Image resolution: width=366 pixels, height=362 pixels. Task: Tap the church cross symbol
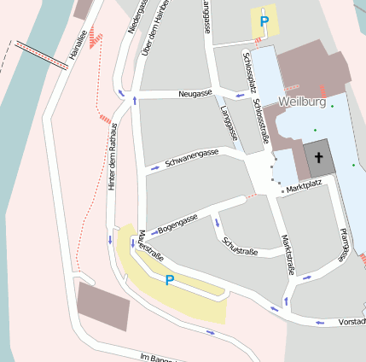(319, 157)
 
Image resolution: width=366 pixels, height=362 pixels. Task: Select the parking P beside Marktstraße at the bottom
(169, 279)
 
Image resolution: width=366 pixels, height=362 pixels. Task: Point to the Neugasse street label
(195, 92)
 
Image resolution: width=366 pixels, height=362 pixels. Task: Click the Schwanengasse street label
(192, 156)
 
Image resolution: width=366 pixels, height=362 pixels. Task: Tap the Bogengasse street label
(178, 222)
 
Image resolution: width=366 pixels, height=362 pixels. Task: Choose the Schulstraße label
(239, 245)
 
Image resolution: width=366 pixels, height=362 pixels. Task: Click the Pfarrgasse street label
(343, 244)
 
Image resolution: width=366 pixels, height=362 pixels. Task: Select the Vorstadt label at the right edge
(352, 322)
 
